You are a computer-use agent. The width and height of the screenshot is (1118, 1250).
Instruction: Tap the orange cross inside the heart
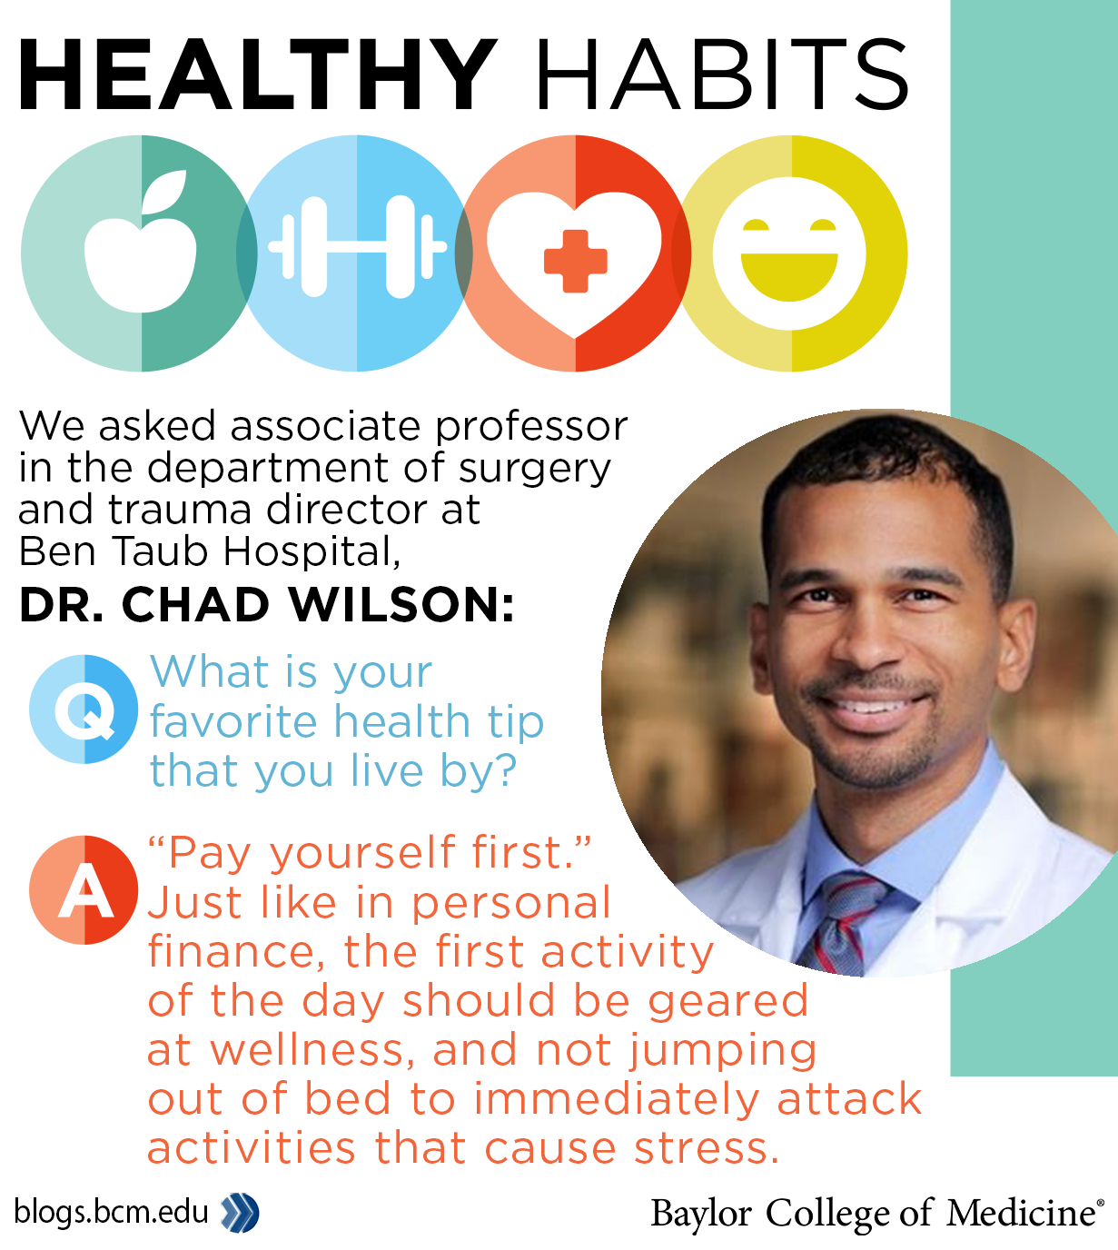click(575, 261)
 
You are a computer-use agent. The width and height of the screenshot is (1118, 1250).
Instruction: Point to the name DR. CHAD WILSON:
click(266, 605)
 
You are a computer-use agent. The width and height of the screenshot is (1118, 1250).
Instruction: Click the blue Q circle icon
click(84, 709)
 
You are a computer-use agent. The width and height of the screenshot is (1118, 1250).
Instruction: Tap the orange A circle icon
click(84, 890)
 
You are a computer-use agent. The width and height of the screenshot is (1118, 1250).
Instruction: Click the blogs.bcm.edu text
click(111, 1211)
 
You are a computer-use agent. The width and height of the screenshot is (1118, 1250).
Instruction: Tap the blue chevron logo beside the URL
click(241, 1213)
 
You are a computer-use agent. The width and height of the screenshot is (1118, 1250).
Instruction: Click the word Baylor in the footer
click(701, 1214)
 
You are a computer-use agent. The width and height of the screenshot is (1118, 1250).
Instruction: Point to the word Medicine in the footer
click(1020, 1214)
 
